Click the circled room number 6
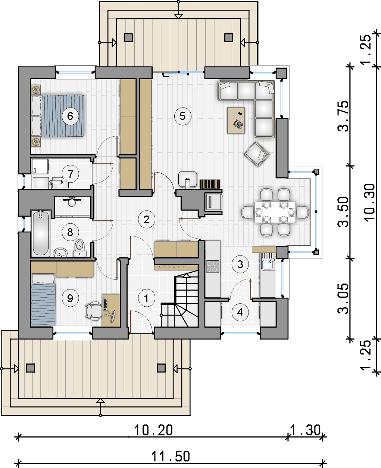70,116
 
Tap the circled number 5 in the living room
182,116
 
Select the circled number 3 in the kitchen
240,264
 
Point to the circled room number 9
70,298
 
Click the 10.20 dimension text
153,430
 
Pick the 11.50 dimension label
171,456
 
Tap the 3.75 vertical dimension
343,116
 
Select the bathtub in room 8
41,234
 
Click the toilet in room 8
79,248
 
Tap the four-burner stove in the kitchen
212,267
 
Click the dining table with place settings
275,212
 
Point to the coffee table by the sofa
236,120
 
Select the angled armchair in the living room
257,154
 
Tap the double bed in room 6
58,116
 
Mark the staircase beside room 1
180,299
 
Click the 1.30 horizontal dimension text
305,430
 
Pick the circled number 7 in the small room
70,174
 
